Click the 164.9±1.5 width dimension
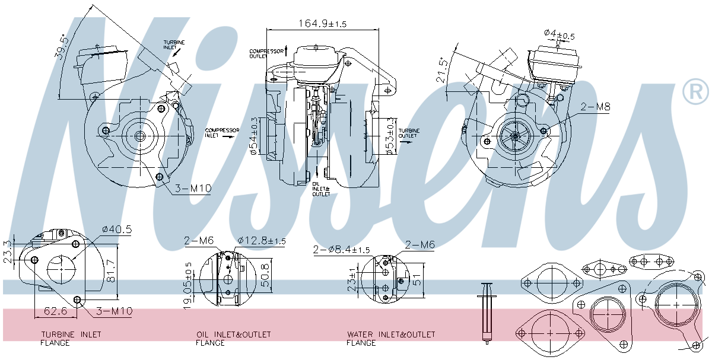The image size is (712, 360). point(322,23)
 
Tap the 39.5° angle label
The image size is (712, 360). point(61,47)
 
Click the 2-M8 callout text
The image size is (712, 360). point(595,107)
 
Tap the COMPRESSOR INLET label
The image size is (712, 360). point(221,132)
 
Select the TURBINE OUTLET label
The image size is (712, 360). point(409,133)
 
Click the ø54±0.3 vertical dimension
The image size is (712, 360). point(253,136)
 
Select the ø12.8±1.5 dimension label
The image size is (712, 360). point(262,241)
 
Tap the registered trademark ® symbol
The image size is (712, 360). point(695,92)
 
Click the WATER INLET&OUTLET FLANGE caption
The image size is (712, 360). point(391,339)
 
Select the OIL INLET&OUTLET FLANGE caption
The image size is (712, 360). point(233,339)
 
